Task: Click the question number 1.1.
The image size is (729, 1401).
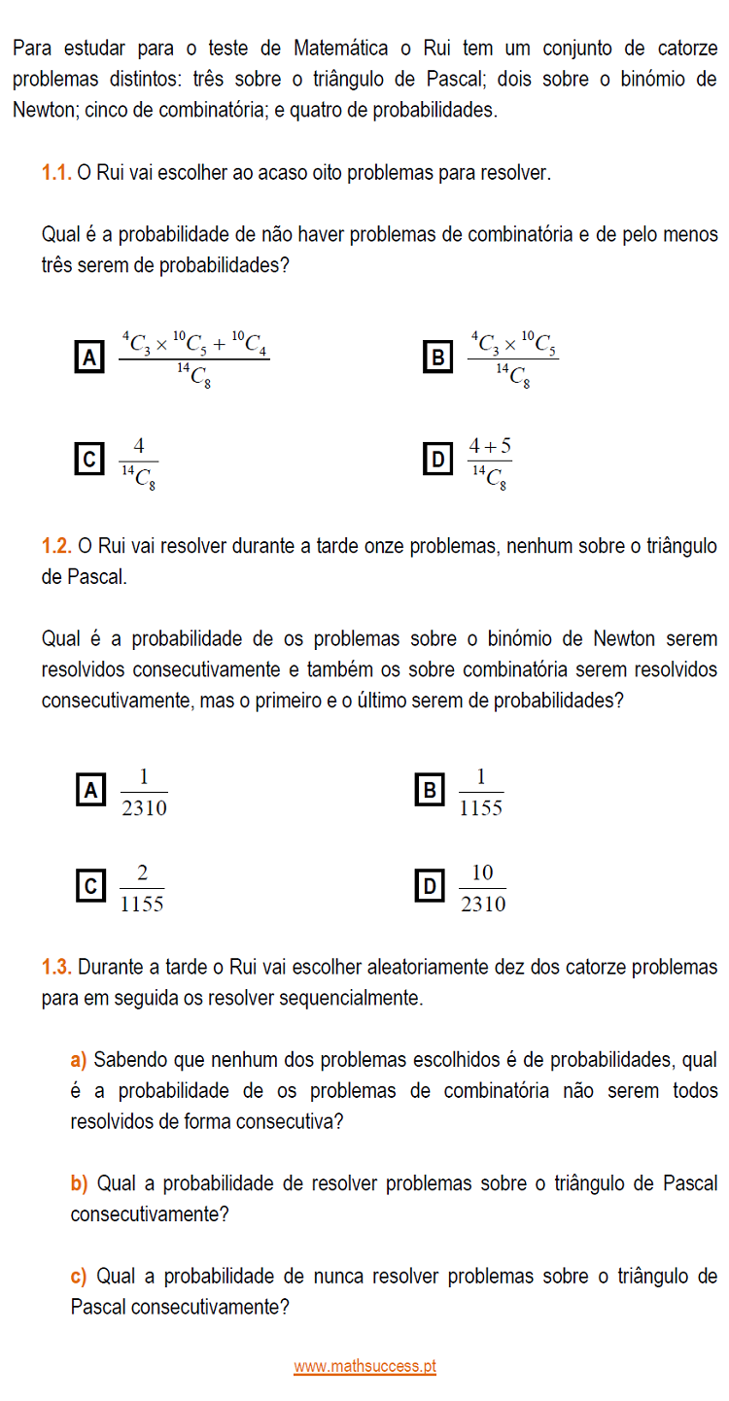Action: coord(56,173)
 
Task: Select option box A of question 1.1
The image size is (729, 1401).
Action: coord(89,358)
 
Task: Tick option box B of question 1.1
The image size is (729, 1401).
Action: coord(437,358)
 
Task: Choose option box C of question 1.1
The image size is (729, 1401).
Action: coord(89,459)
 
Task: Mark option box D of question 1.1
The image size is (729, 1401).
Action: coord(437,459)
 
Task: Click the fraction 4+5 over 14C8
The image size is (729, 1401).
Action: coord(489,462)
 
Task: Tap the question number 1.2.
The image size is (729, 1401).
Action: coord(56,546)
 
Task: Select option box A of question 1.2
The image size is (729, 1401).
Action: coord(89,791)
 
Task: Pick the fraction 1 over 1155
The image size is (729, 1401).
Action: coord(480,793)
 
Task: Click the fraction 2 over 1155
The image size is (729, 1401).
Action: coord(142,888)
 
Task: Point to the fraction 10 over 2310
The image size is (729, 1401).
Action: coord(482,888)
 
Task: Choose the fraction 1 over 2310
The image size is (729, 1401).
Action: coord(144,793)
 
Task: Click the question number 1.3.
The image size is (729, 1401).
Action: coord(56,967)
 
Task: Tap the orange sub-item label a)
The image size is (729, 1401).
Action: coord(79,1058)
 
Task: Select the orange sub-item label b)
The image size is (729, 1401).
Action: coord(79,1183)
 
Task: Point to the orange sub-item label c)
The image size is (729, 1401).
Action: coord(79,1276)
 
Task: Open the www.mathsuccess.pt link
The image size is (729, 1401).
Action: coord(364,1366)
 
